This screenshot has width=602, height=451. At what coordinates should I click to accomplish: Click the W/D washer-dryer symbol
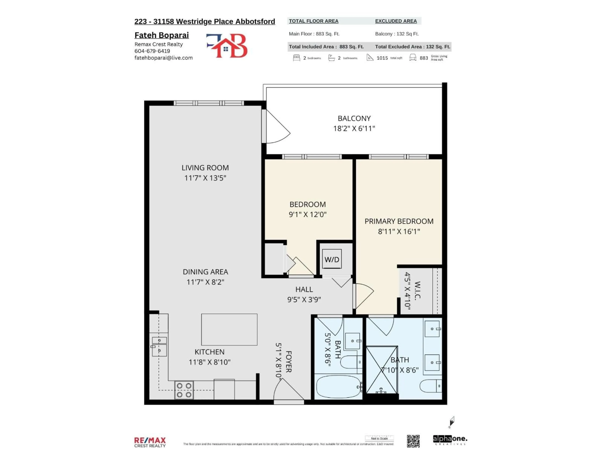[332, 259]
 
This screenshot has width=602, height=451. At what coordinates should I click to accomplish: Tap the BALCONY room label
[354, 119]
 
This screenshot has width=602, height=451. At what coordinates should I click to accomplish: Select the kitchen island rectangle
[229, 329]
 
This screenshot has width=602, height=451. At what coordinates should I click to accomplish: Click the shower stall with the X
[382, 370]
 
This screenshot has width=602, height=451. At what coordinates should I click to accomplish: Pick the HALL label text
[304, 289]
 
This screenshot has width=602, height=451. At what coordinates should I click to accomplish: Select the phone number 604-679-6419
[152, 51]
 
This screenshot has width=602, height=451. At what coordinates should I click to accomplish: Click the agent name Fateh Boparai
[162, 35]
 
